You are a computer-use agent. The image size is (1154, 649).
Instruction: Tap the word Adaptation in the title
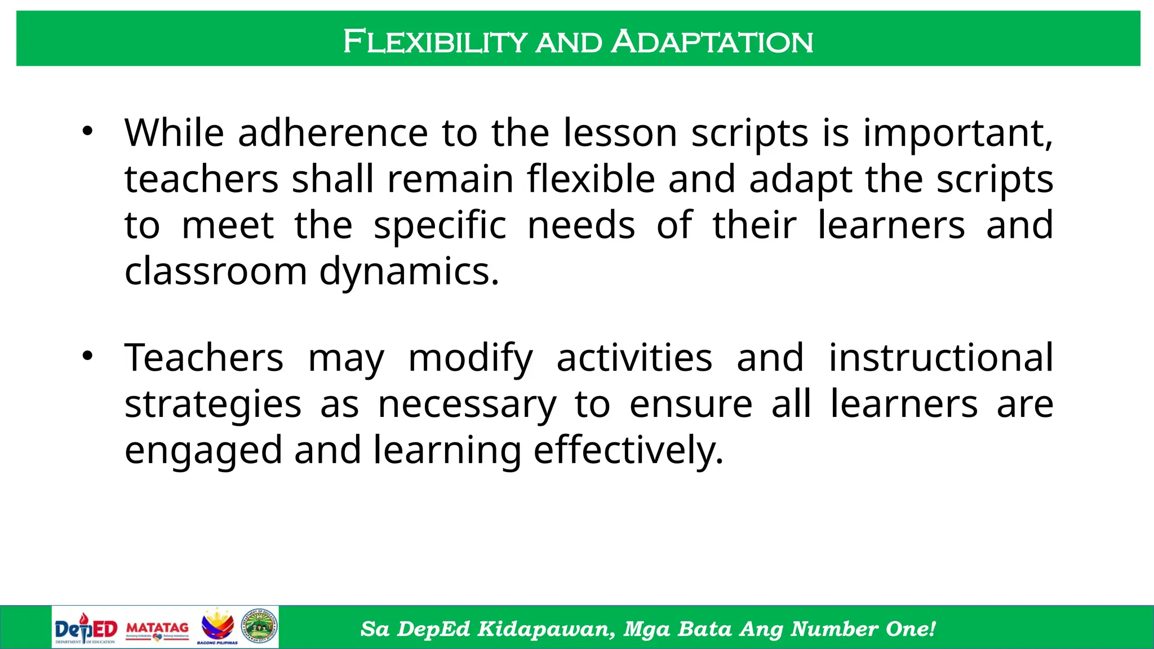(712, 42)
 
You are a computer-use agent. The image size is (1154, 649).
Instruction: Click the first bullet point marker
(87, 132)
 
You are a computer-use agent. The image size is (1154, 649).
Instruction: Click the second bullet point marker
(87, 356)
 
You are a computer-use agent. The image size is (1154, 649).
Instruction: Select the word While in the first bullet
(174, 133)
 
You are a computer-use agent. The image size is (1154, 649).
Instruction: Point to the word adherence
(332, 133)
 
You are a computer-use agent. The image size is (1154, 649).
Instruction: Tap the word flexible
(591, 179)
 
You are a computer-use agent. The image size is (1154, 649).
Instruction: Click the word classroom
(215, 272)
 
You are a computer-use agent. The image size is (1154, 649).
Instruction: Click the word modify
(471, 359)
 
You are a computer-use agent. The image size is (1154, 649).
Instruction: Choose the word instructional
(940, 358)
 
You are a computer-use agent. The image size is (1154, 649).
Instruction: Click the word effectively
(628, 451)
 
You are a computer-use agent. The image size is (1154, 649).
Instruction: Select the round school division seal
(260, 626)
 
